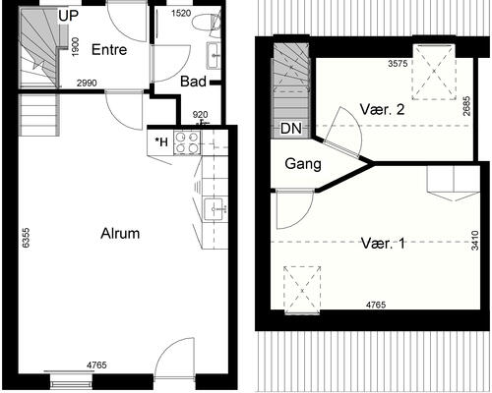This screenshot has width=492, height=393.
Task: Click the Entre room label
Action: click(x=109, y=50)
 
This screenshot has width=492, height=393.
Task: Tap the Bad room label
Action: click(x=193, y=82)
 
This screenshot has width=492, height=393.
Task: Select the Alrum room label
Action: click(x=120, y=234)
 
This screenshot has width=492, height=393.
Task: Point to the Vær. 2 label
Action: click(x=382, y=109)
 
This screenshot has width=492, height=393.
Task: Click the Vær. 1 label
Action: click(x=383, y=244)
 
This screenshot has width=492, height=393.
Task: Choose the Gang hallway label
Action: click(x=303, y=163)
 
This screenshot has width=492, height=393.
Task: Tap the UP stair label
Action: click(x=69, y=16)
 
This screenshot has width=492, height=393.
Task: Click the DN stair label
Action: click(x=291, y=129)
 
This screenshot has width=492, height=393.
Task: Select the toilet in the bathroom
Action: click(x=206, y=23)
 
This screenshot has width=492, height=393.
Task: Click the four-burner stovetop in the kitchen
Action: click(x=187, y=142)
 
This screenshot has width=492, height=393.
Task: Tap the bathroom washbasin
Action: click(x=214, y=56)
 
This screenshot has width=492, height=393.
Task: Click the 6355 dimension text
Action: click(x=26, y=238)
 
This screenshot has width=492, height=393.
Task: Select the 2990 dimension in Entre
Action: click(x=87, y=84)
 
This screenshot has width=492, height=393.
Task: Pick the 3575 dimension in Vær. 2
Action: click(x=398, y=63)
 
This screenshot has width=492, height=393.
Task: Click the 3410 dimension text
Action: click(x=474, y=241)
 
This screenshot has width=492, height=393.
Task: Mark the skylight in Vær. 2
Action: click(x=434, y=72)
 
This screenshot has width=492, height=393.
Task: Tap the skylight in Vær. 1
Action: click(x=302, y=290)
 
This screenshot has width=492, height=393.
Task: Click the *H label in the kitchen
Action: click(x=161, y=141)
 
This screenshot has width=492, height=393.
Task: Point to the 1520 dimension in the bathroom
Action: click(x=181, y=14)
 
